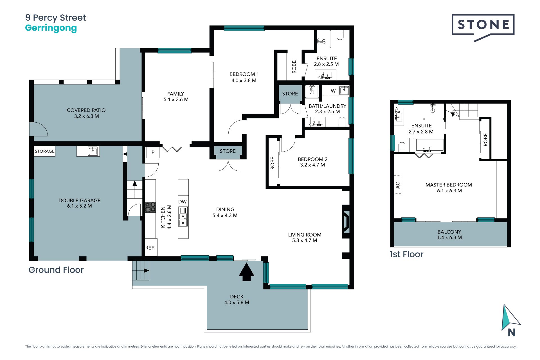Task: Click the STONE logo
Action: click(483, 28)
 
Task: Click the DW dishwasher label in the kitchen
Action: click(183, 202)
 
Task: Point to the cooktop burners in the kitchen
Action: click(150, 207)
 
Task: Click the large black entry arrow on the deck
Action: click(246, 272)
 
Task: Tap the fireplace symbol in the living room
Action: click(346, 222)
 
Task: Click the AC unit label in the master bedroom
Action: click(398, 185)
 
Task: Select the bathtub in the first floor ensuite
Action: click(429, 145)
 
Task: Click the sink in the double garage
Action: click(93, 151)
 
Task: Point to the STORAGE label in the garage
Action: click(45, 151)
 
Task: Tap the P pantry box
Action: click(153, 152)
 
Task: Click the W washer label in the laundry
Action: click(333, 91)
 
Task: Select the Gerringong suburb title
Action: click(51, 28)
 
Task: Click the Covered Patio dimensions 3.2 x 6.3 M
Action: click(87, 116)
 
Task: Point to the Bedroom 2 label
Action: click(313, 159)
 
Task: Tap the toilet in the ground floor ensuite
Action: click(340, 35)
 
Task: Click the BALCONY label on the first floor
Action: click(449, 232)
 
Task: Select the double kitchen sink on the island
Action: click(183, 220)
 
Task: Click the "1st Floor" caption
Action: click(406, 254)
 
